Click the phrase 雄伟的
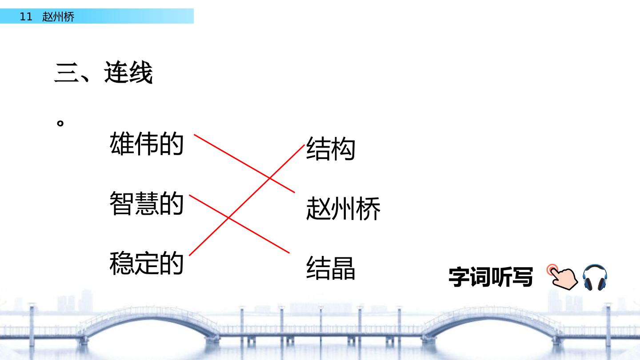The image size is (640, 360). pos(146,144)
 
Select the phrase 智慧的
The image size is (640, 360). pos(146,204)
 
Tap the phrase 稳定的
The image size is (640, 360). pos(146,263)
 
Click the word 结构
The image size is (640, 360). pos(331,148)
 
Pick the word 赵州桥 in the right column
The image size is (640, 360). pos(343,208)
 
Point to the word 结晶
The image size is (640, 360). pos(331,268)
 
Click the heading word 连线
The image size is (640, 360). pos(128,72)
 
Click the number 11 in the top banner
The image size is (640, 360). pos(26,16)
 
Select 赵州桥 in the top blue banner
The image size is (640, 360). pos(58,16)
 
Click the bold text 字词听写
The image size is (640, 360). pos(491,277)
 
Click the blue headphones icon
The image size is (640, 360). pos(595,277)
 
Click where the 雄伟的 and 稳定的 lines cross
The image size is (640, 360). pos(269,178)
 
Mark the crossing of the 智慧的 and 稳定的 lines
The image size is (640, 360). pos(228,218)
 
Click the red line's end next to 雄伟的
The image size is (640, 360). pos(194,134)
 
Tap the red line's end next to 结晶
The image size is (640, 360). pos(289,253)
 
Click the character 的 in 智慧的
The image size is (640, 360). pos(171,204)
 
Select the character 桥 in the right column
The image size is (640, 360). pos(368,208)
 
